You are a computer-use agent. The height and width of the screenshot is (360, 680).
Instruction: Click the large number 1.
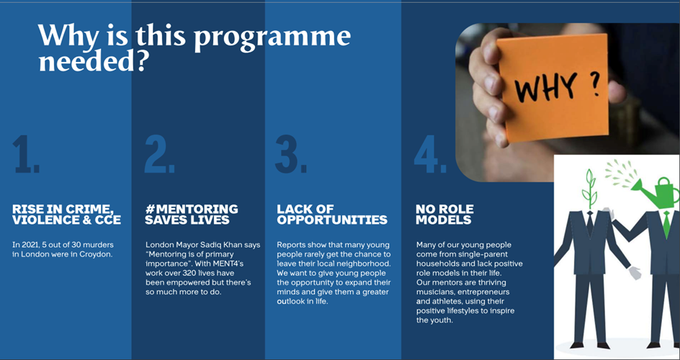(25, 153)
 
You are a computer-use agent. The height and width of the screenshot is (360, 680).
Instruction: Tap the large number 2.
(160, 153)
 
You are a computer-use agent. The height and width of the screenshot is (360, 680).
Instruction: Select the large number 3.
(291, 153)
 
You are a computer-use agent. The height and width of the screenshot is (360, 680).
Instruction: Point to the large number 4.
(430, 153)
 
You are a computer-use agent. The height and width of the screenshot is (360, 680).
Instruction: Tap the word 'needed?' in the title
(91, 61)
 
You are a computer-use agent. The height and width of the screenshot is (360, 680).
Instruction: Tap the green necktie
(666, 224)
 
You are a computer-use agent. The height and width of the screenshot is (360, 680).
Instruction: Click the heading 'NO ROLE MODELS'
(444, 215)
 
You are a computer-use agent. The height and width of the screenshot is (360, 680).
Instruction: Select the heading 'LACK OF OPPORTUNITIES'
(332, 215)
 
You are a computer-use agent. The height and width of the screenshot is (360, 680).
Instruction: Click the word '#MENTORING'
(192, 210)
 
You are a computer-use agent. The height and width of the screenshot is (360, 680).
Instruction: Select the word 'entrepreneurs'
(482, 292)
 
